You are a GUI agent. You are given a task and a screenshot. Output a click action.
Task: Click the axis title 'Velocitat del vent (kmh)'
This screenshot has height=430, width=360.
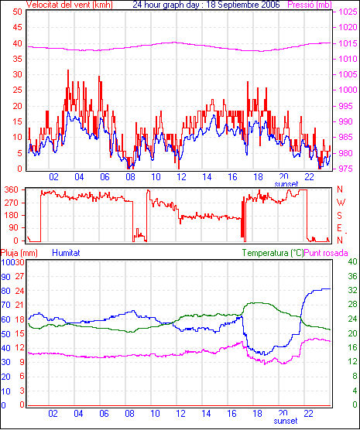coord(70,5)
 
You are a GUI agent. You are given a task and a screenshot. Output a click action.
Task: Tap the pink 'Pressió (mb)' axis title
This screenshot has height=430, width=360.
coord(310,5)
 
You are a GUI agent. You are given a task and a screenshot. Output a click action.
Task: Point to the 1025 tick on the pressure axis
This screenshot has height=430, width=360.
coord(348,12)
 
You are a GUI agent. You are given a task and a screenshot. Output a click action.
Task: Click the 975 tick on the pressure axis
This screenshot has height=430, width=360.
coord(348,169)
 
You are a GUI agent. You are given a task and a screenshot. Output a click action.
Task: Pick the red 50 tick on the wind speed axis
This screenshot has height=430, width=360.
coord(17,12)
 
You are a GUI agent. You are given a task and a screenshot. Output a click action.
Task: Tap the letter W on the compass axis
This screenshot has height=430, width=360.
coord(341,203)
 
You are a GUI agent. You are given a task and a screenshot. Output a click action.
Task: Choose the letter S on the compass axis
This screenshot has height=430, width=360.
coord(339,216)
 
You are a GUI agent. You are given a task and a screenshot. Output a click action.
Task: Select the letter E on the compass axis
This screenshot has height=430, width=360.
coord(339,228)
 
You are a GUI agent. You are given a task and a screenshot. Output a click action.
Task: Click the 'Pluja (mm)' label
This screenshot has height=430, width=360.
coord(19,253)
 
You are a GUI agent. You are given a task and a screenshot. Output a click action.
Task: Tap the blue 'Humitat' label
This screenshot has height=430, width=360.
coord(66,253)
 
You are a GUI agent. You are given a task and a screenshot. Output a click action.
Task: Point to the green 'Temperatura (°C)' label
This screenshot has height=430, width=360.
coord(273,253)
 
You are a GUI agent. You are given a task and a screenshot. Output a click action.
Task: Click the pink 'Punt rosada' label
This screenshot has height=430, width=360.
coord(326,253)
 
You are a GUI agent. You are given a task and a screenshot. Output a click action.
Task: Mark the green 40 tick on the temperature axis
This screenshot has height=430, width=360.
coord(352,261)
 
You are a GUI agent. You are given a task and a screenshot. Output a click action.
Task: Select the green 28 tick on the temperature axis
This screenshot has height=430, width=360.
coord(352,305)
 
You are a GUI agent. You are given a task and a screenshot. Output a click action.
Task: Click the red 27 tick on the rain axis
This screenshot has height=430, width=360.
coord(20,276)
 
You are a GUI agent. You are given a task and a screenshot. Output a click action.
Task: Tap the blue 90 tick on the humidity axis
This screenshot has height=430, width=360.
coord(5,277)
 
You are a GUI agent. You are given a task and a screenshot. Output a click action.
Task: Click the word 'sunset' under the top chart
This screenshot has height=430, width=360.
coord(286,184)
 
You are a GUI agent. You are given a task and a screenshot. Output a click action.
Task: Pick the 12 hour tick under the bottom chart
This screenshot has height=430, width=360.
coord(180,413)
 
